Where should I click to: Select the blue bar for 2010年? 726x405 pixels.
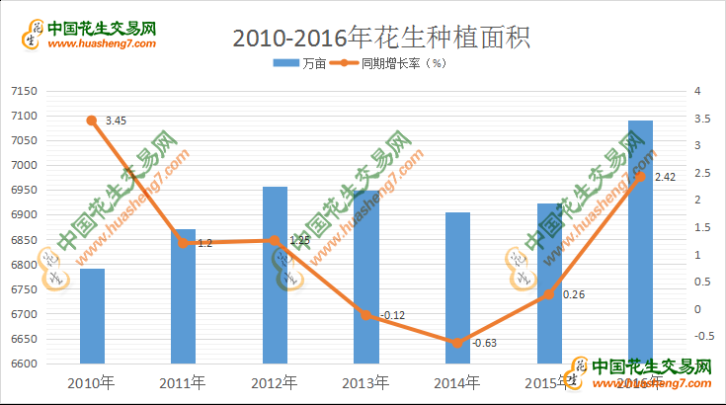pyautogui.click(x=92, y=316)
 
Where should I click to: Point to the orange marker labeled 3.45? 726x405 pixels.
pyautogui.click(x=92, y=121)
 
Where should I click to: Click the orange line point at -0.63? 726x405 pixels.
pyautogui.click(x=456, y=343)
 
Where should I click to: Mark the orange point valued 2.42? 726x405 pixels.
pyautogui.click(x=640, y=176)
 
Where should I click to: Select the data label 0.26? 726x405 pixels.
pyautogui.click(x=574, y=294)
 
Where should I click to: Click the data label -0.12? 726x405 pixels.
pyautogui.click(x=392, y=315)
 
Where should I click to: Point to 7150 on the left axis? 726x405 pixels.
pyautogui.click(x=23, y=92)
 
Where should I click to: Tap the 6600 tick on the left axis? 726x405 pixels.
pyautogui.click(x=23, y=364)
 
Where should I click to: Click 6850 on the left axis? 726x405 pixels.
pyautogui.click(x=23, y=240)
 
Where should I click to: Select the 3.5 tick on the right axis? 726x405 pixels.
pyautogui.click(x=702, y=119)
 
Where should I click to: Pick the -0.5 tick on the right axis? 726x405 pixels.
pyautogui.click(x=705, y=336)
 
